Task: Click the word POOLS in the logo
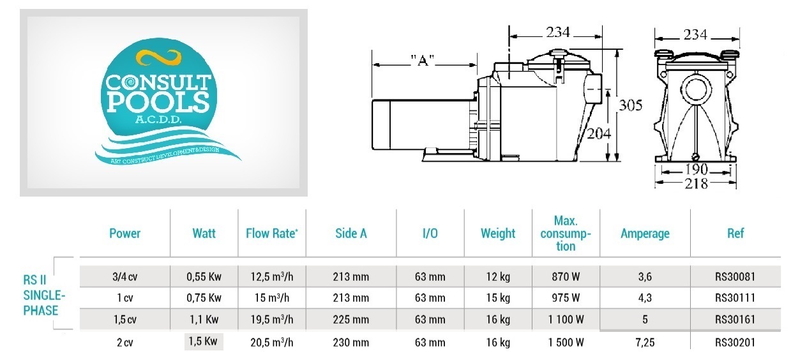click(x=158, y=101)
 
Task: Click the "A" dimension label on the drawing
click(x=423, y=61)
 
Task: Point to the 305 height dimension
click(x=631, y=105)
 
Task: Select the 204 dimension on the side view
click(x=599, y=133)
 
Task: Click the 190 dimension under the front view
click(x=697, y=169)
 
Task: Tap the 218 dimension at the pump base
click(x=697, y=184)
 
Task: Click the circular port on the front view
click(x=695, y=89)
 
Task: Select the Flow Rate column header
click(x=272, y=233)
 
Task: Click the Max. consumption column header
click(x=566, y=233)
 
